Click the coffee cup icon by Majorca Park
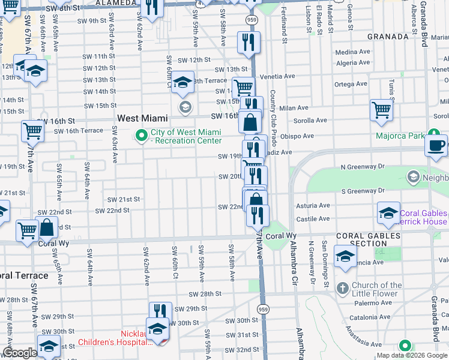(436, 145)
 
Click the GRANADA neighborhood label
(388, 37)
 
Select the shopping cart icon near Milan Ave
(381, 110)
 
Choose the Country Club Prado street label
(273, 119)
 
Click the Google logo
(19, 353)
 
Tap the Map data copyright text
(412, 355)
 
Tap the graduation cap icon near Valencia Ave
(346, 257)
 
